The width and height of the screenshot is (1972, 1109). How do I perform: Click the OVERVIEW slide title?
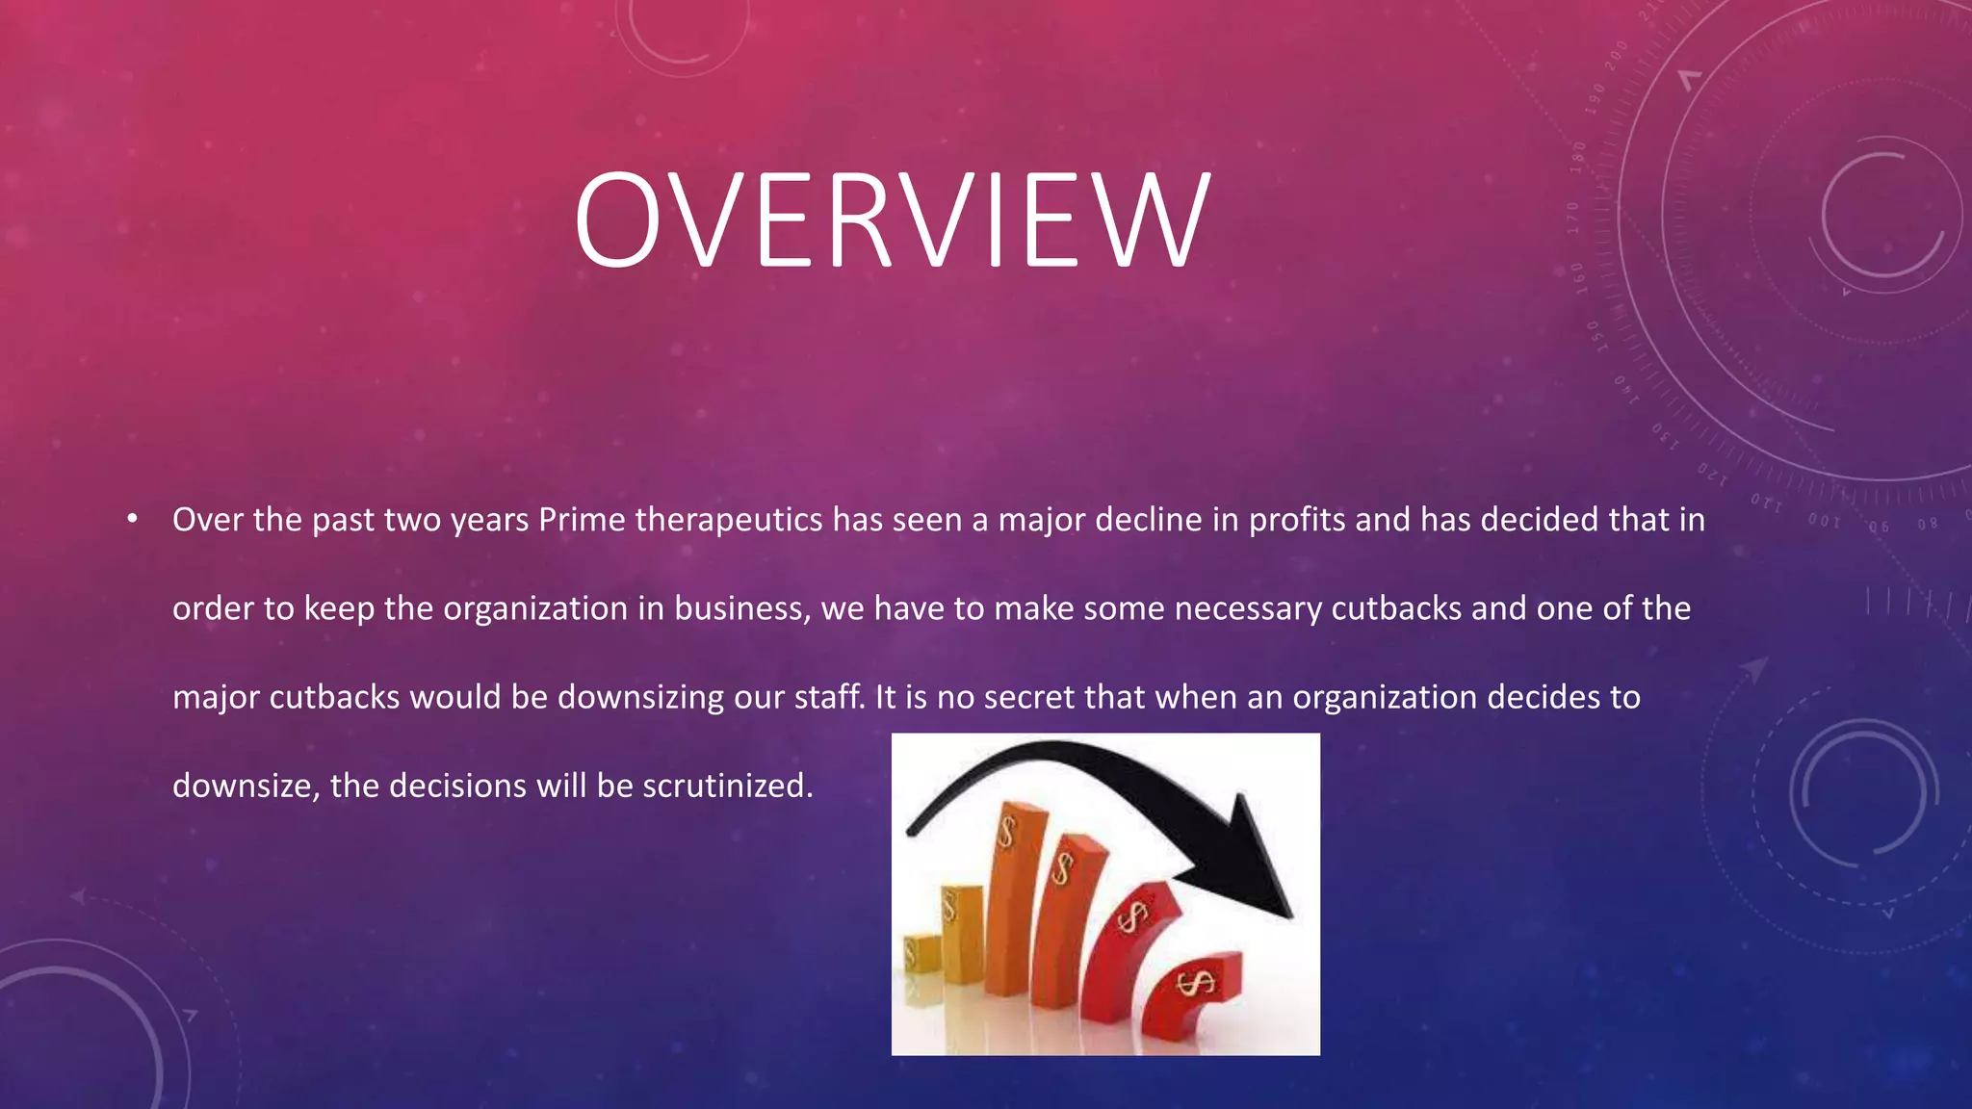[x=892, y=220]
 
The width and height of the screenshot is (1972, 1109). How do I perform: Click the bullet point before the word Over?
[x=133, y=521]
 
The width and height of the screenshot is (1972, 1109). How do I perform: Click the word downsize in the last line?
[x=245, y=787]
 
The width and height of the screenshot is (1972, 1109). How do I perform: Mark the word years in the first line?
[x=490, y=521]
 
